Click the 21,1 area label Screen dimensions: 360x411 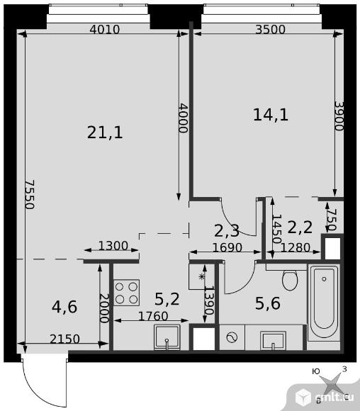pos(105,133)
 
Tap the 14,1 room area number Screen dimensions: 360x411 pos(271,115)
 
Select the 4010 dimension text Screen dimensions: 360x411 pos(105,29)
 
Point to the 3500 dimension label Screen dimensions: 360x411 pos(270,29)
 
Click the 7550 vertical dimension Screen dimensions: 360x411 pos(30,194)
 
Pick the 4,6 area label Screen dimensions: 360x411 pos(64,307)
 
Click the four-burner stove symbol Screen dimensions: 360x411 pos(126,293)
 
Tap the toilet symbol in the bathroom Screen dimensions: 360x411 pos(290,281)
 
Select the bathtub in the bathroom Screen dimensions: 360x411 pos(324,303)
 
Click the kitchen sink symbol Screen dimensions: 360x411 pos(167,337)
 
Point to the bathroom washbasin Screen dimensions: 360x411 pos(273,340)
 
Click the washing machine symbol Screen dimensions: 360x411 pos(232,337)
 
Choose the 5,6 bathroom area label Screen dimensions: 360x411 pos(268,303)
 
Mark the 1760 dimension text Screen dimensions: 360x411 pos(153,316)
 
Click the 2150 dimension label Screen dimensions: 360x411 pos(64,339)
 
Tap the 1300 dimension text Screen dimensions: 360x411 pos(113,246)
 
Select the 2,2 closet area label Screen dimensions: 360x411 pos(300,227)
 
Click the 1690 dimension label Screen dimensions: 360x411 pos(227,247)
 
